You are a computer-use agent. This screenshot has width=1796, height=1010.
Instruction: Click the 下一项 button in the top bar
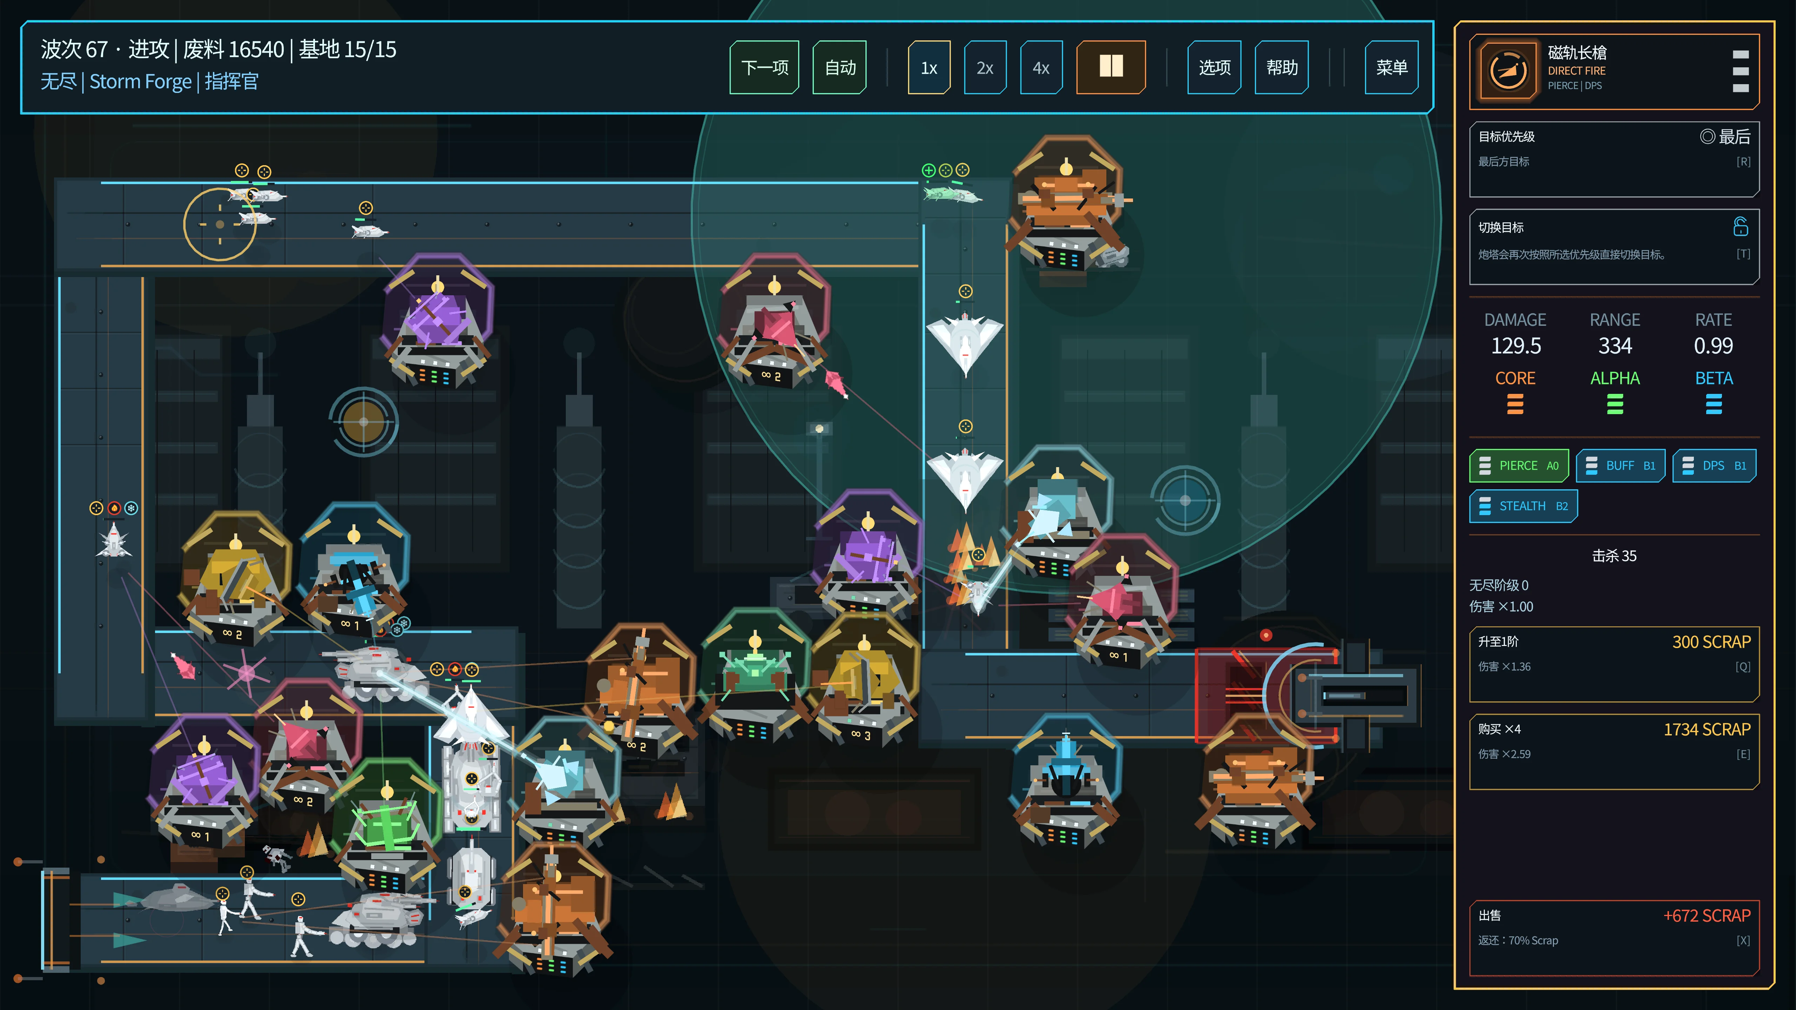pos(764,68)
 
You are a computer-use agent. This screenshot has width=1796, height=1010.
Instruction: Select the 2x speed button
pos(984,68)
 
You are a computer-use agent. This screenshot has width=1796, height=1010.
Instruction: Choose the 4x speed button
pos(1041,68)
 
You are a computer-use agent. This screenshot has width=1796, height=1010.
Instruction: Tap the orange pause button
pos(1111,68)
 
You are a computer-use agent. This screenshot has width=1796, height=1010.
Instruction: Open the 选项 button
pos(1214,68)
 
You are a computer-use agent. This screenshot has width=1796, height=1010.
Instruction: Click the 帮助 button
pos(1281,68)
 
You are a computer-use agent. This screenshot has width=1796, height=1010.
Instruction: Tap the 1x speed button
pos(929,68)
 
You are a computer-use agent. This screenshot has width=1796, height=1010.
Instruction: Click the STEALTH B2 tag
pos(1523,506)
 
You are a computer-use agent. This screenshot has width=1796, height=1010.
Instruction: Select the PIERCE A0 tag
pos(1519,466)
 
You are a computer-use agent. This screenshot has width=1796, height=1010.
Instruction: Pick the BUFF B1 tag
pos(1620,466)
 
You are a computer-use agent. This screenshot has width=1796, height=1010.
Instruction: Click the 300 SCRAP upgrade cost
pos(1711,642)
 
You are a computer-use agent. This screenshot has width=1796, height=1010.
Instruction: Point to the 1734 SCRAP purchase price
pos(1707,730)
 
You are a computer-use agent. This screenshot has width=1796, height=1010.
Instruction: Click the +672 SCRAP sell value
pos(1707,916)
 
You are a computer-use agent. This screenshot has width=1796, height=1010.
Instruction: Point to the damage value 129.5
pos(1516,346)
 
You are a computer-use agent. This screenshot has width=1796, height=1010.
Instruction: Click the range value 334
pos(1615,346)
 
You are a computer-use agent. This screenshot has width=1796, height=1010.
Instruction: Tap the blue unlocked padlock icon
pos(1740,227)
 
